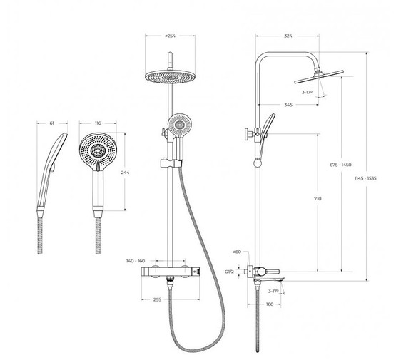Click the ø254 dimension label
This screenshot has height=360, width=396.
[170, 36]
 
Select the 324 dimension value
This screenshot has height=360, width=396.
[288, 36]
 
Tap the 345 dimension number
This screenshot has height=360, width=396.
[288, 105]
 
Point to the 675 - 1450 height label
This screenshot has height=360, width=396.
[340, 165]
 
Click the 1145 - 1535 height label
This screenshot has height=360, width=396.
[365, 179]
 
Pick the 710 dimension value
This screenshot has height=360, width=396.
[318, 199]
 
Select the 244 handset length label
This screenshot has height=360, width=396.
[125, 173]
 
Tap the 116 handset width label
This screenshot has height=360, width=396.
[98, 123]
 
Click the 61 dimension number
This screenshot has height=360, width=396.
[52, 123]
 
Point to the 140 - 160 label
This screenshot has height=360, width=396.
[136, 261]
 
